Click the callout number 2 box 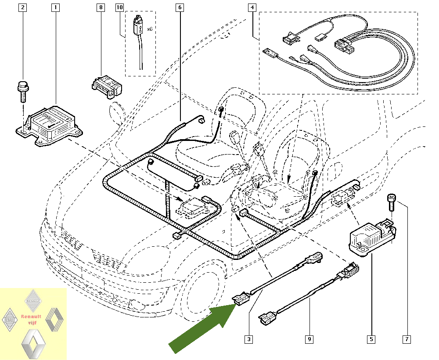pos(23,7)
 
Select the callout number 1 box pos(55,7)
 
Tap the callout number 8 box pos(101,7)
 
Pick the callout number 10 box pos(120,7)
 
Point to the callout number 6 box pos(180,7)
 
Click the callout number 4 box pos(252,7)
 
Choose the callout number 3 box pos(249,339)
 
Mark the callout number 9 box pos(309,339)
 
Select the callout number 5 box pos(371,339)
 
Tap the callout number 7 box pos(407,339)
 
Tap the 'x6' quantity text pos(149,29)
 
